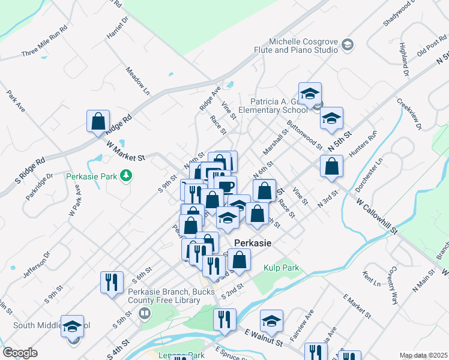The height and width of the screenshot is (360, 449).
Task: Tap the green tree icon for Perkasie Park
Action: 126,175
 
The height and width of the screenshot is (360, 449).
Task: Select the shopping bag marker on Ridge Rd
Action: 97,121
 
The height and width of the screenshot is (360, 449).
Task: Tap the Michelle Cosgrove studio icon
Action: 347,46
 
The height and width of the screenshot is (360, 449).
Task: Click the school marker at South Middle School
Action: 73,326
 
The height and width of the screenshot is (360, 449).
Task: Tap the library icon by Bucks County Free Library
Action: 144,313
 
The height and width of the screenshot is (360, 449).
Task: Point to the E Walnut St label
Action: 264,337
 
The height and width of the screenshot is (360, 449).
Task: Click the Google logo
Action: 20,353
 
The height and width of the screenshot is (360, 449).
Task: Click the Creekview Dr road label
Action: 411,114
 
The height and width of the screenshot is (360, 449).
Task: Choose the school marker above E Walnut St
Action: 271,321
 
